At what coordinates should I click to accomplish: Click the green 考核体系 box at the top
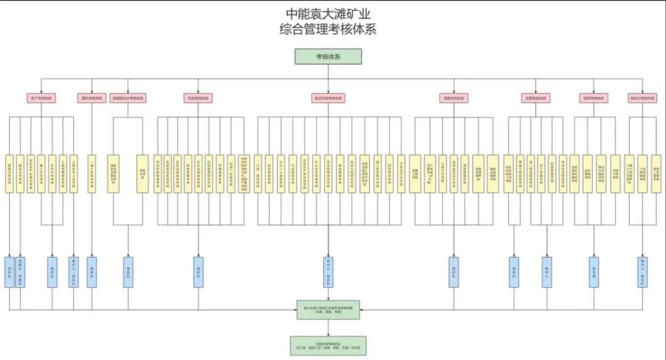click(328, 57)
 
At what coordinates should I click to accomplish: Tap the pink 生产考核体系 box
click(42, 98)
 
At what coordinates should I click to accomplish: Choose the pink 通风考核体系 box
click(92, 98)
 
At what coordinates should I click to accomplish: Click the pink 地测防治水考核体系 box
click(128, 98)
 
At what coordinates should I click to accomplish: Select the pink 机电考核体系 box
click(198, 98)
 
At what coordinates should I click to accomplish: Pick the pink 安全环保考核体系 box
click(328, 98)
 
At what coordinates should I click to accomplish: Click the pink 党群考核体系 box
click(593, 98)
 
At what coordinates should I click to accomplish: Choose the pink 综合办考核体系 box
click(643, 98)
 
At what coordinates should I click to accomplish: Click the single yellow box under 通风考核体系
click(92, 173)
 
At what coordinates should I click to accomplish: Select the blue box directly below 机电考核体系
click(198, 272)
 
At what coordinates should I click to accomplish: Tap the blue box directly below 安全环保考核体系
click(328, 272)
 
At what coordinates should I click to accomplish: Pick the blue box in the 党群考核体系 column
click(593, 272)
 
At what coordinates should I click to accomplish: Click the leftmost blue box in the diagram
click(9, 272)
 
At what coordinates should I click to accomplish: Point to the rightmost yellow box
click(656, 173)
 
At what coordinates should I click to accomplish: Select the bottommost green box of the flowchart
click(328, 345)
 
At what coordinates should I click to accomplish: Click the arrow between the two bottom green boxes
click(328, 327)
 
